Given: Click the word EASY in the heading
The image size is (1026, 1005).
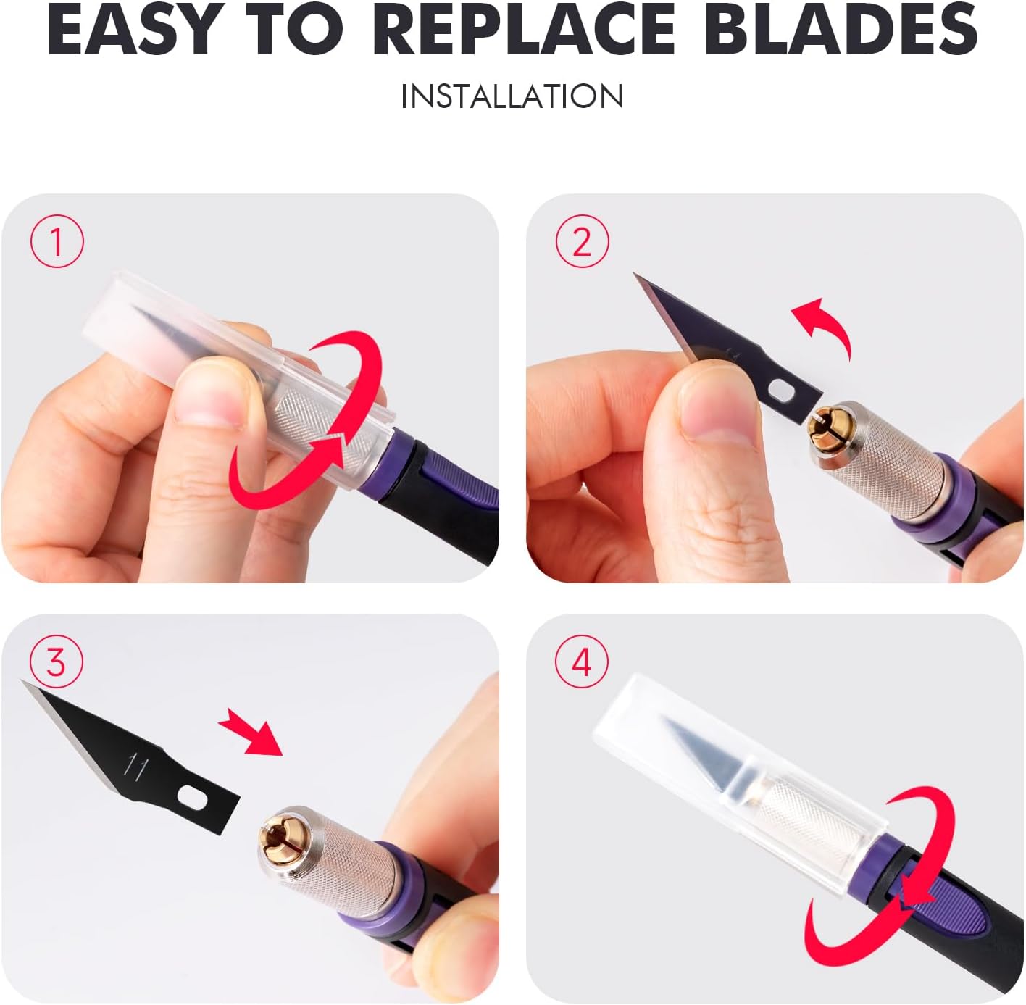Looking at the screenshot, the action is click(133, 30).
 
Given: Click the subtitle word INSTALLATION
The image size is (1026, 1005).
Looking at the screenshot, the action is click(512, 96).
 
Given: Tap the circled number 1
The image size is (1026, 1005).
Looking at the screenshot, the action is click(57, 241).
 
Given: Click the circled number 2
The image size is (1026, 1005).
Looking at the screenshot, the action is click(582, 241).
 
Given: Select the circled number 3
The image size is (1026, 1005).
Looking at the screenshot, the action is click(57, 662).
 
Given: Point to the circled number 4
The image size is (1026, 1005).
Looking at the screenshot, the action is click(581, 662).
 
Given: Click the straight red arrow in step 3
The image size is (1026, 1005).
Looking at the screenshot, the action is click(251, 733).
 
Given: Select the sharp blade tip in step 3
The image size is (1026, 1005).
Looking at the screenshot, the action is click(22, 681).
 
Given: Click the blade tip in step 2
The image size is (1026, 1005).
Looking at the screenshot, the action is click(635, 275).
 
